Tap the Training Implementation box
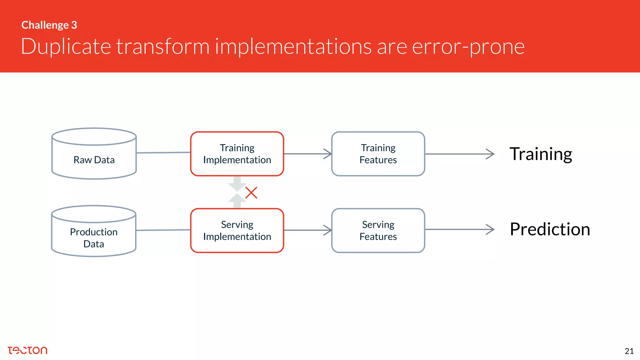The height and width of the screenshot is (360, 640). [237, 154]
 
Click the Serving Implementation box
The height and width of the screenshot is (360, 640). [237, 231]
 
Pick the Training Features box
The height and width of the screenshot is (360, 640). [378, 154]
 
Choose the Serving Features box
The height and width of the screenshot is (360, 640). [378, 231]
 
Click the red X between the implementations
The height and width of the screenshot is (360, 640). [251, 193]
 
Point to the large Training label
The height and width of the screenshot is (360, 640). [541, 154]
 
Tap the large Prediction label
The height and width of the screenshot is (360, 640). [550, 229]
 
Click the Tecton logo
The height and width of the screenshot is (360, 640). [27, 350]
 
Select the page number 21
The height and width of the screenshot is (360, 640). [629, 351]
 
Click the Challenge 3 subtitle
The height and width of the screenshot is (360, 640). [49, 25]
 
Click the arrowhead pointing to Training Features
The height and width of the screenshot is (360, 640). [328, 154]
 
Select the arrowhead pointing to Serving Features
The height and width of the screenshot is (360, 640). [328, 230]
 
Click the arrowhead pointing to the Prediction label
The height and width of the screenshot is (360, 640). [491, 229]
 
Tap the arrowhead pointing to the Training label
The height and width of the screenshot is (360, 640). [491, 154]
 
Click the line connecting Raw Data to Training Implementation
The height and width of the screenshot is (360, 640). [163, 153]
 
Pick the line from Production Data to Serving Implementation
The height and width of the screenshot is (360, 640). [163, 230]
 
